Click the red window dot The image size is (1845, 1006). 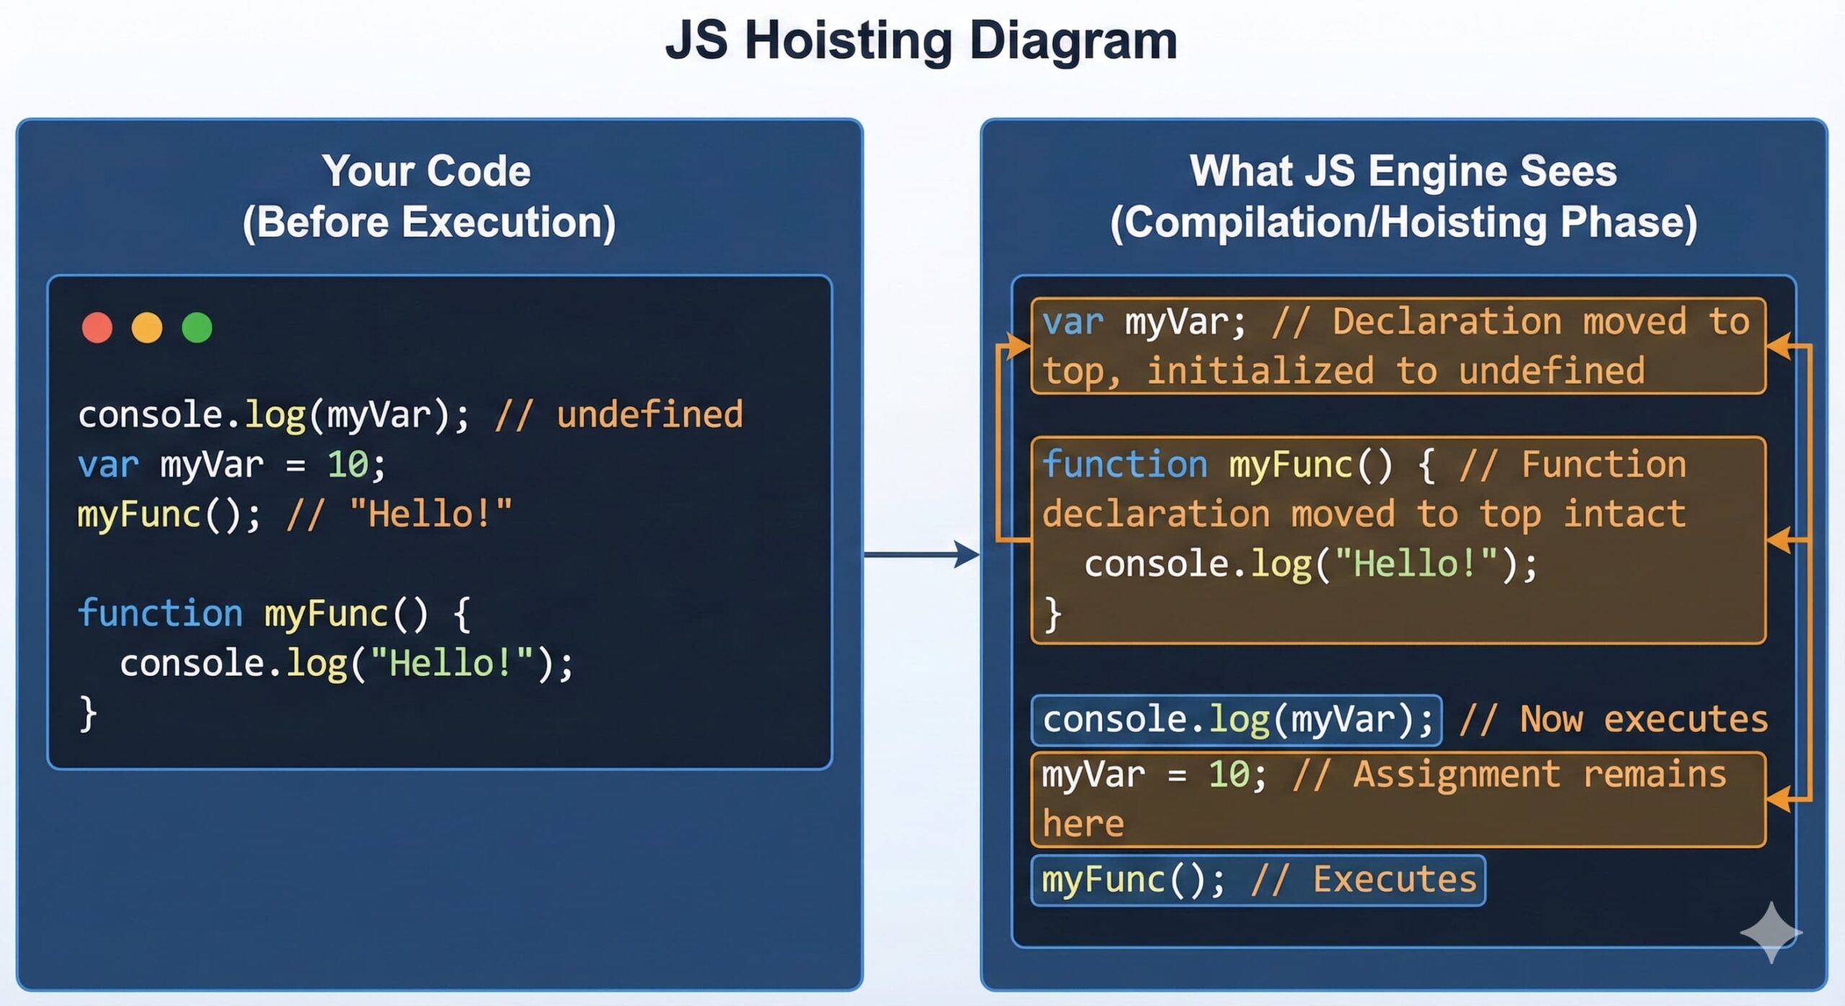97,328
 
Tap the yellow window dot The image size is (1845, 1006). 147,328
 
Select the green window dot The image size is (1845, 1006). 197,328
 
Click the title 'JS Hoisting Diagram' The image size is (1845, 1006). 921,40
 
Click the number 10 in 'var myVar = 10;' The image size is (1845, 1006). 347,465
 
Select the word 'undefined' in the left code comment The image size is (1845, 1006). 649,415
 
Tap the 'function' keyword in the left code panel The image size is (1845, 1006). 160,614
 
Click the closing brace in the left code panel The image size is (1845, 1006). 88,713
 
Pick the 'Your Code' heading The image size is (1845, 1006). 427,172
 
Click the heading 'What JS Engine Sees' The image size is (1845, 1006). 1402,172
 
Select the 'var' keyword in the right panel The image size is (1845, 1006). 1072,322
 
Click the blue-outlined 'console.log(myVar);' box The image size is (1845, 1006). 1236,720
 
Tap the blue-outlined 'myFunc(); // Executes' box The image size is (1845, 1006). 1258,880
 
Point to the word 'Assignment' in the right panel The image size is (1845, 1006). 1457,775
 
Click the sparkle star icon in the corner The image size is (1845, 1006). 1771,932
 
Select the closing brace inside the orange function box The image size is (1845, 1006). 1052,615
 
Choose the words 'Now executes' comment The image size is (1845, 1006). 1643,720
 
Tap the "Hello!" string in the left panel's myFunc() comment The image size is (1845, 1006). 430,515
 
